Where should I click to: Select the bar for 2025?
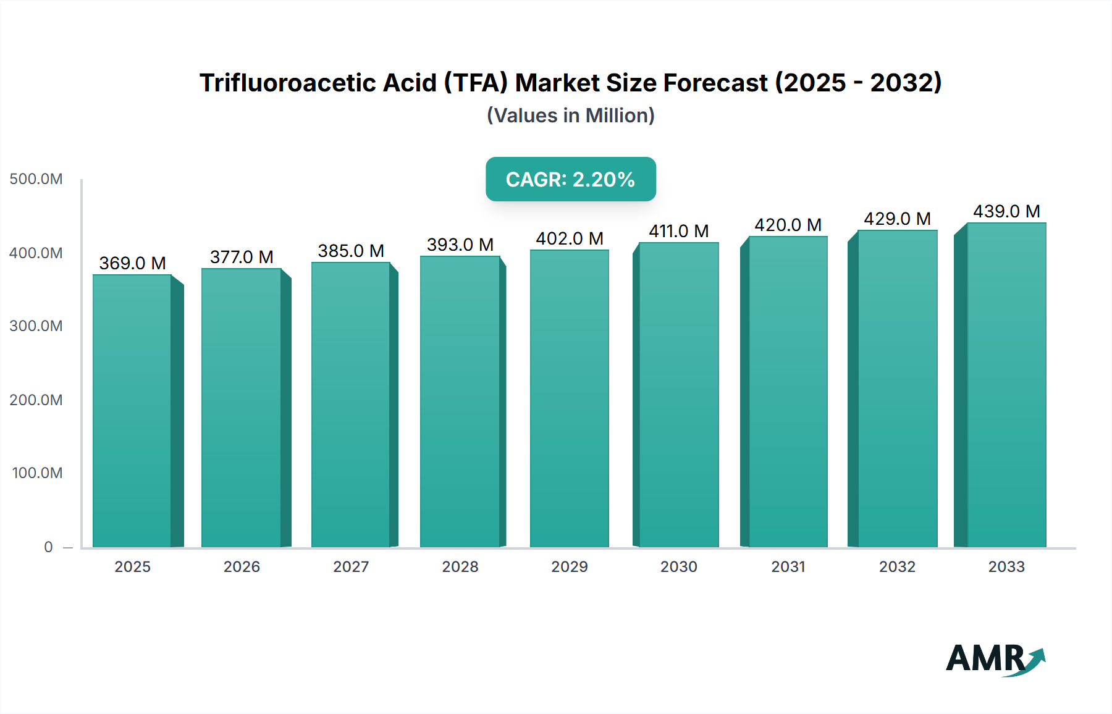(x=132, y=411)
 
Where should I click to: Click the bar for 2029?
(x=569, y=398)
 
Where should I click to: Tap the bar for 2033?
(x=1006, y=385)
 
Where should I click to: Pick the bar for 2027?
(x=350, y=405)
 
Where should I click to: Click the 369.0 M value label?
(x=132, y=263)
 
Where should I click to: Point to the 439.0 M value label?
(x=1006, y=211)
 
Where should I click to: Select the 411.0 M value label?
(x=678, y=231)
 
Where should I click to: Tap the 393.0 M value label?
(x=460, y=245)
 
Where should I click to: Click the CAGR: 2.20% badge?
(x=570, y=179)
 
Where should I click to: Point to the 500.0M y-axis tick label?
(x=36, y=179)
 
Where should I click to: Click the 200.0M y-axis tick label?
(x=36, y=400)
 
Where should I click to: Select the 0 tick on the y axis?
(x=48, y=547)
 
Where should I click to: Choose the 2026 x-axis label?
(x=242, y=566)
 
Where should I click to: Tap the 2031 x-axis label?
(x=788, y=566)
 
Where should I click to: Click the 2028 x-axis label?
(x=460, y=566)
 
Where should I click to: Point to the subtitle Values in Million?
(x=570, y=115)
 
